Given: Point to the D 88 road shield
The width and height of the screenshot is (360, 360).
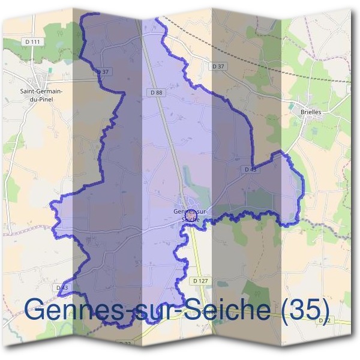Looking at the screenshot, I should coord(157,92).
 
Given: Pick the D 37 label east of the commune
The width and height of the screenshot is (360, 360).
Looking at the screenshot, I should coord(219,66).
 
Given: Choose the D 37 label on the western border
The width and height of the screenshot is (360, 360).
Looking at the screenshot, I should coord(103,71).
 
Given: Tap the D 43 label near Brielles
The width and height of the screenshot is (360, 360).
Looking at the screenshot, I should coord(250,170).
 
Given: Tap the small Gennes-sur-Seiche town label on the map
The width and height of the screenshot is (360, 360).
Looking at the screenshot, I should coord(190,215).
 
